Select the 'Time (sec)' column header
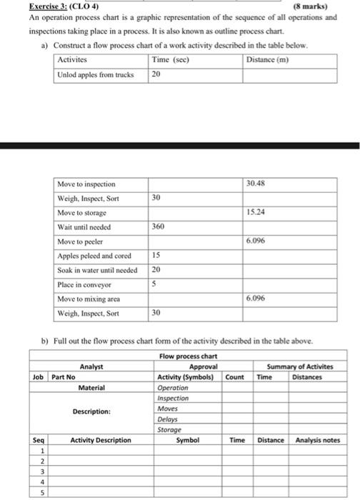point(170,59)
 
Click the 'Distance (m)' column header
point(267,59)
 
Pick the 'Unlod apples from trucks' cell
point(96,74)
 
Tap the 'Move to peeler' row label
point(81,241)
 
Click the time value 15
point(156,255)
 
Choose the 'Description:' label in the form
point(91,411)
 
